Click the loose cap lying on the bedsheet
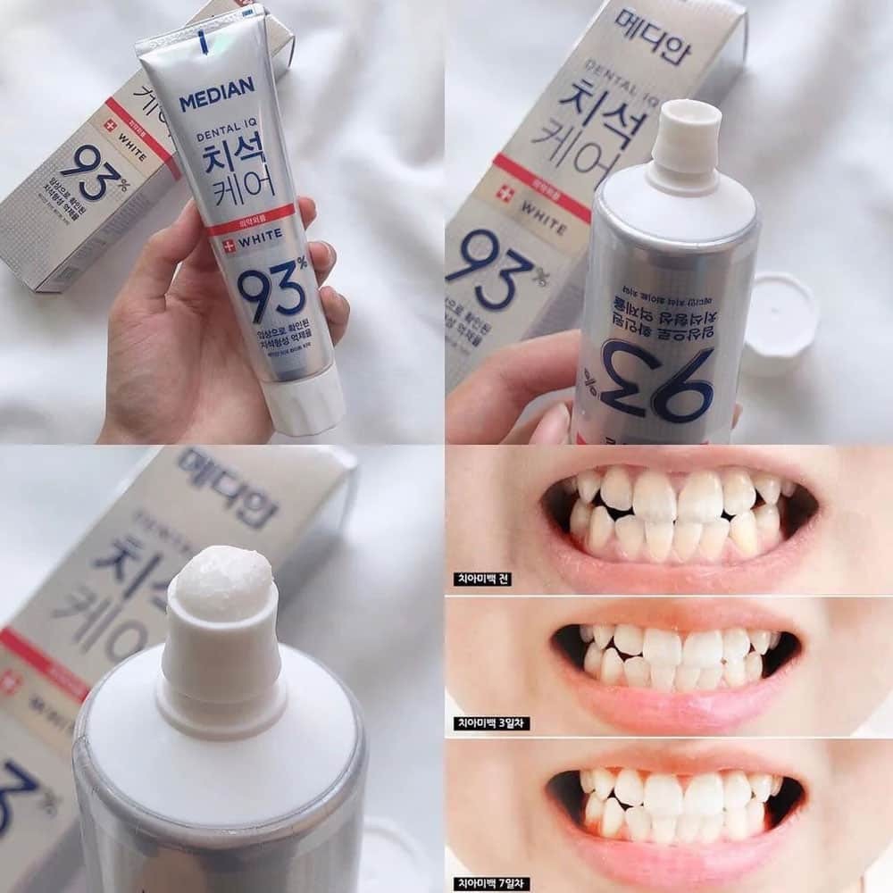point(780,322)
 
